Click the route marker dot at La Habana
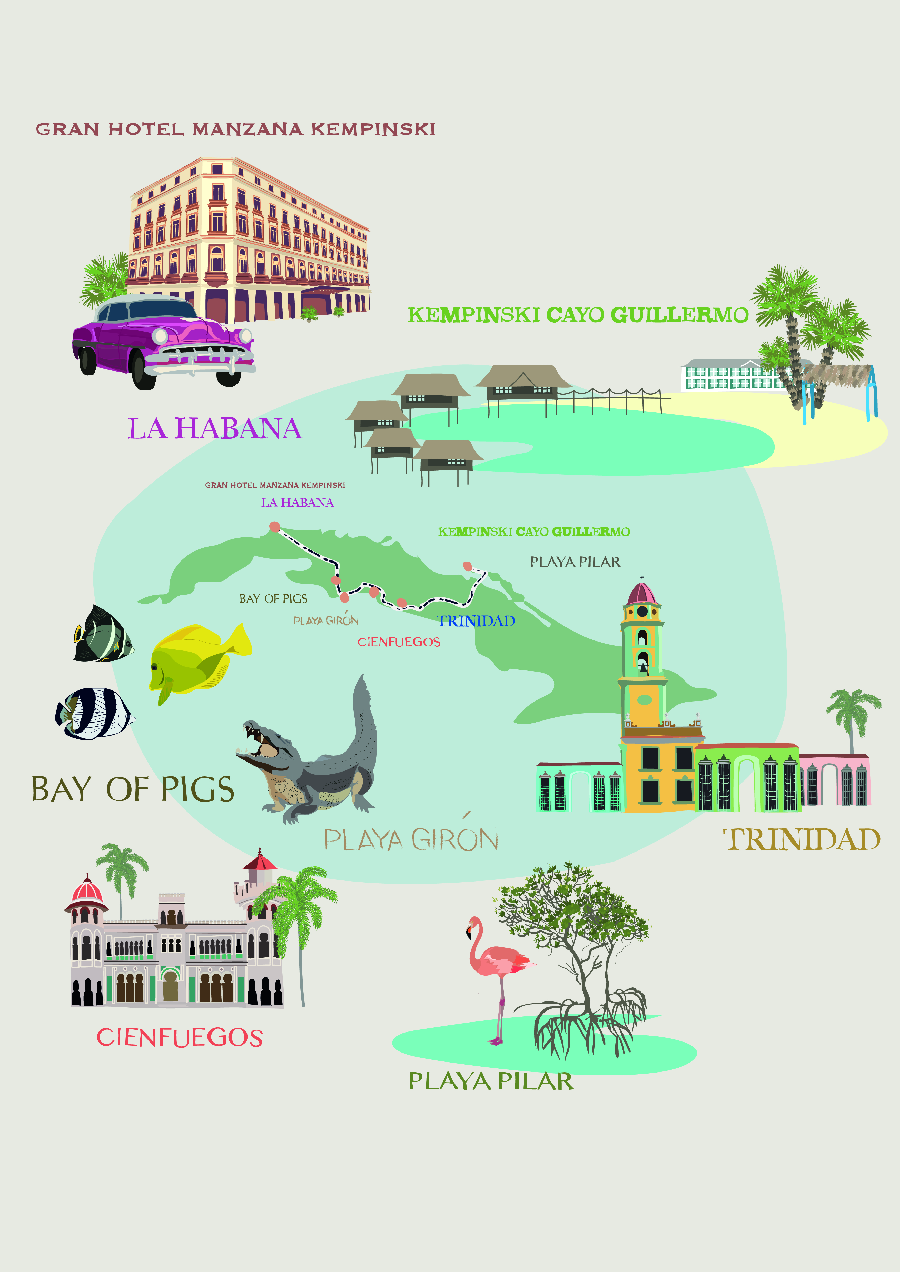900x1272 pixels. [274, 526]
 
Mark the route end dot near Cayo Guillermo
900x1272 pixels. [467, 566]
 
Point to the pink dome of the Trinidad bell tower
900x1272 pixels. [642, 594]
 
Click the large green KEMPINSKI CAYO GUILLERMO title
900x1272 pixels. [578, 315]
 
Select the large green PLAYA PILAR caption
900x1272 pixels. [490, 1081]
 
